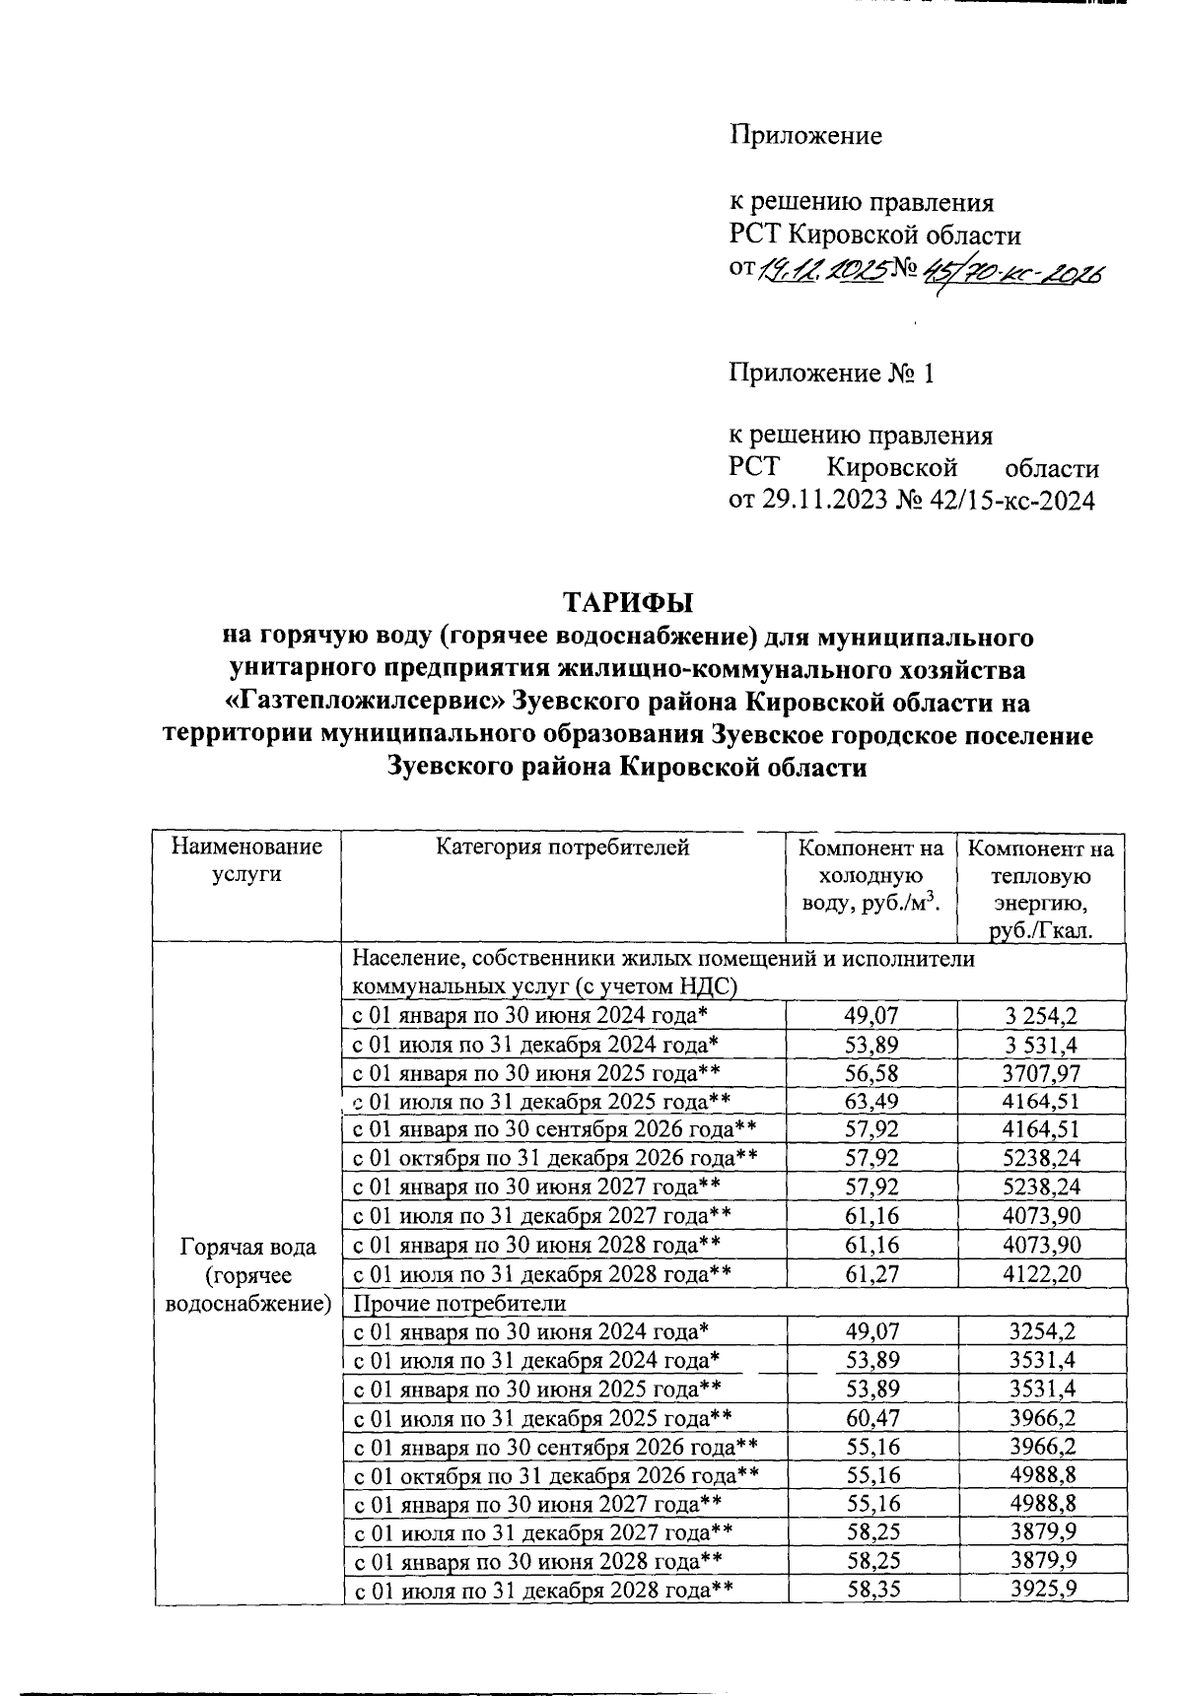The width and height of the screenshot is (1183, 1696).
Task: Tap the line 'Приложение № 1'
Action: click(830, 374)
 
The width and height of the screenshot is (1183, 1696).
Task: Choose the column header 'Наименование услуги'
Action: click(246, 859)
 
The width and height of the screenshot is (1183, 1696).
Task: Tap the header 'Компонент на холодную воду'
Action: click(870, 875)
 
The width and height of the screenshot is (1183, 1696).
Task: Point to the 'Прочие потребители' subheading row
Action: click(460, 1303)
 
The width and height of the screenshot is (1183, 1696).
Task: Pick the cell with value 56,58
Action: click(871, 1072)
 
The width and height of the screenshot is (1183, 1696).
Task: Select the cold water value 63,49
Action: click(871, 1101)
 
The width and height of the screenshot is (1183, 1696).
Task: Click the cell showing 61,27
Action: click(871, 1273)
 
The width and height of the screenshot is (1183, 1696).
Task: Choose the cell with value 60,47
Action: click(871, 1418)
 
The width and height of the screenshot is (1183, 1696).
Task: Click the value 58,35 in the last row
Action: click(871, 1590)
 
